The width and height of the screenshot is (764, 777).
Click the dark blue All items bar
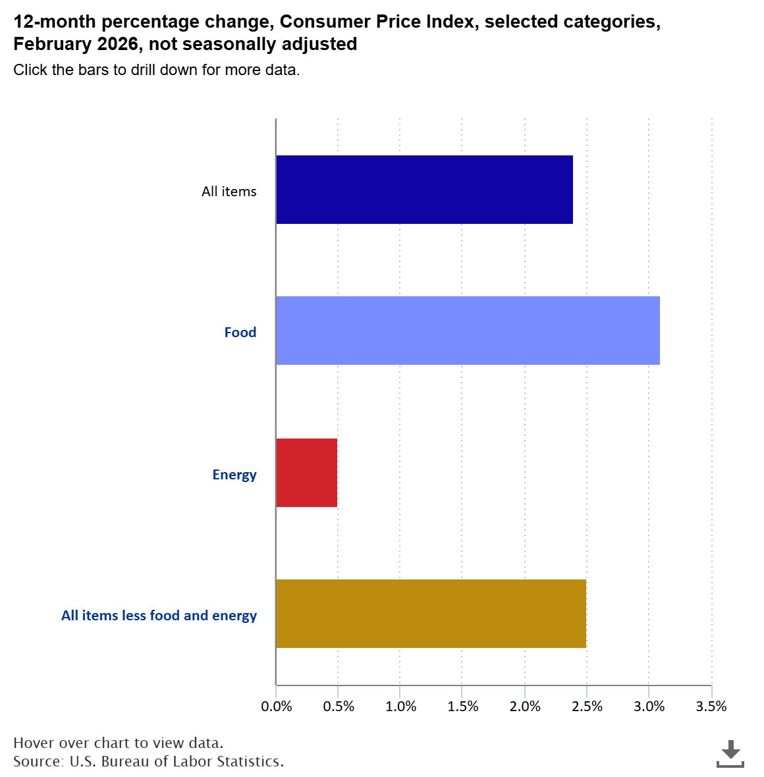(424, 190)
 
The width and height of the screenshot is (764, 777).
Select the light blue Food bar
(468, 331)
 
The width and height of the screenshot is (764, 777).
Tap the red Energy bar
(307, 473)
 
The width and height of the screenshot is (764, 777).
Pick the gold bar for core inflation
(431, 614)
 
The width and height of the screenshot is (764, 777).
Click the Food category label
(240, 333)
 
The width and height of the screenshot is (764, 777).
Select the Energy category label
(234, 475)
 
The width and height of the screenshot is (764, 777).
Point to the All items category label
(229, 192)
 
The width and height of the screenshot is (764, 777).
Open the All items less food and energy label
(159, 616)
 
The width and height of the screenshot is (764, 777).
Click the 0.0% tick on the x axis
(276, 707)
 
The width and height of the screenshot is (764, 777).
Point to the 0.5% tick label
(338, 707)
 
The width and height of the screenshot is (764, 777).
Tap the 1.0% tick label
(400, 707)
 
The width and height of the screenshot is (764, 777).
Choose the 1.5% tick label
(462, 707)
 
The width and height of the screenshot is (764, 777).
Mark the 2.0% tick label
(525, 707)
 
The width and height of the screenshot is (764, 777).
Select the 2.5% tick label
(587, 707)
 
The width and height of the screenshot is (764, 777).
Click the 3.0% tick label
(649, 707)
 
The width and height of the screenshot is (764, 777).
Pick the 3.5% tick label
(711, 707)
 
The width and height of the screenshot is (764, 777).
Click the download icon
(730, 754)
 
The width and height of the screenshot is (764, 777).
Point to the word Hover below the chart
(34, 743)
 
